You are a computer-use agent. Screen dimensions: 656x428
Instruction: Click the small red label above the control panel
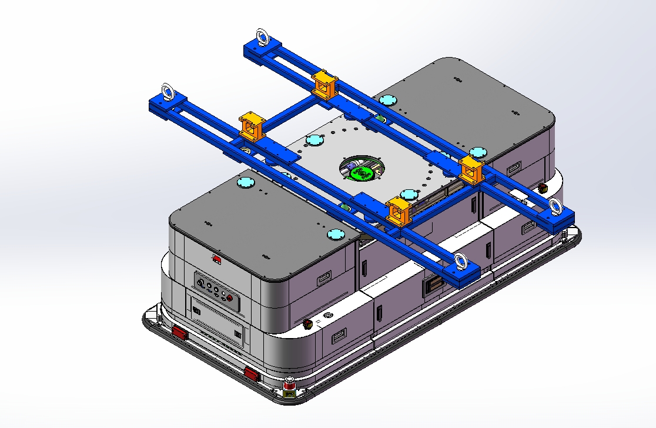click(x=217, y=259)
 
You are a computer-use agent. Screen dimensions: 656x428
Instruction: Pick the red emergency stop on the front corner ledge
click(x=307, y=323)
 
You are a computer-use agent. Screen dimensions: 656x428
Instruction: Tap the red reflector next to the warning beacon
click(x=251, y=373)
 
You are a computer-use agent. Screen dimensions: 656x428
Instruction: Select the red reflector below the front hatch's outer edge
click(x=179, y=333)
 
